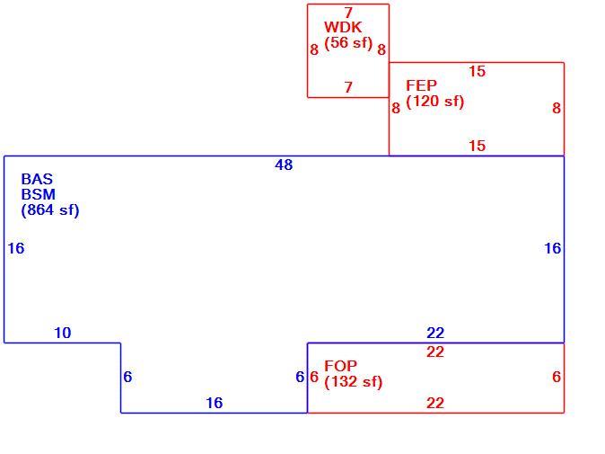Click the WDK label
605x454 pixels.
[343, 28]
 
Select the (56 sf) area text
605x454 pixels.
[348, 42]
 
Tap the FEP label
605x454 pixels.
[421, 85]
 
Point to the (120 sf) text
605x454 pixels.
[434, 102]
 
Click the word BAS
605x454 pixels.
[37, 179]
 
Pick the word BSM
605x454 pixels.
[39, 194]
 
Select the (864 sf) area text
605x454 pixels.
[50, 210]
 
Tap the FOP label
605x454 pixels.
[341, 366]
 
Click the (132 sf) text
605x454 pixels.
[353, 382]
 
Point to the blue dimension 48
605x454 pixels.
[284, 165]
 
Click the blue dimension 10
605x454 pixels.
[63, 333]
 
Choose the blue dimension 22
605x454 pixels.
[435, 333]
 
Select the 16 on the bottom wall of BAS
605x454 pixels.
[215, 403]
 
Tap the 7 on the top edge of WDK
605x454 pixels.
[349, 13]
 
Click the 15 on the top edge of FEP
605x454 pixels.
[478, 71]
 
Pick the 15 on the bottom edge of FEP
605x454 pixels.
[478, 146]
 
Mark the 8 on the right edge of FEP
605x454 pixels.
[557, 108]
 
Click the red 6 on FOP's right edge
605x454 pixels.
[557, 377]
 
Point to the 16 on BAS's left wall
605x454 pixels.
[16, 248]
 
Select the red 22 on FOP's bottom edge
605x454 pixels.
[435, 403]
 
